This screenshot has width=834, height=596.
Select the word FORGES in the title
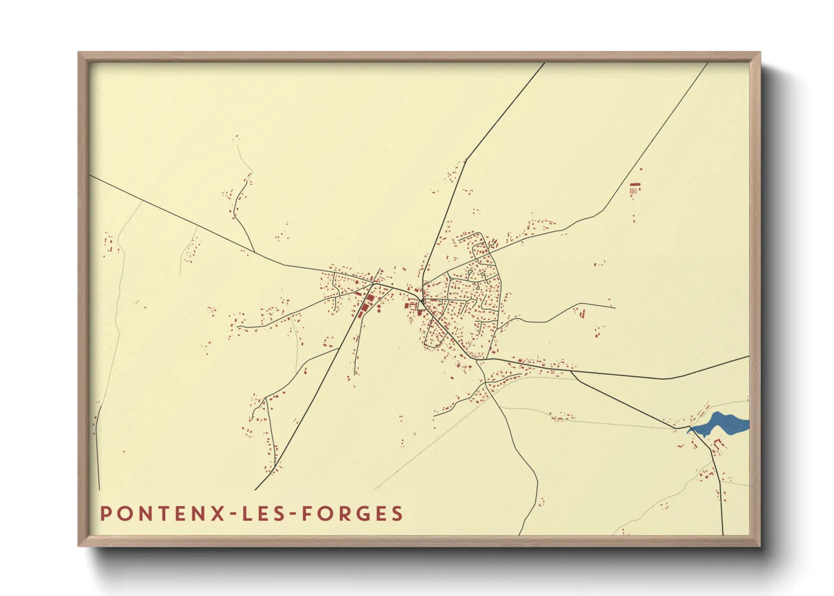353,514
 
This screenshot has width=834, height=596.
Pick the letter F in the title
307,514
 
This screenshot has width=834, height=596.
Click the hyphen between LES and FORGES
291,514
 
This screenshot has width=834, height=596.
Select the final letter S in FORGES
398,514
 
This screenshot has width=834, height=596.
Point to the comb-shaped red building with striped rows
635,188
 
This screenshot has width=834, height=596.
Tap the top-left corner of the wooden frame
79,54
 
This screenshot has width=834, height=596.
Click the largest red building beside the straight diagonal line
370,298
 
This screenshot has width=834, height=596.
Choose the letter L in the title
246,514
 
